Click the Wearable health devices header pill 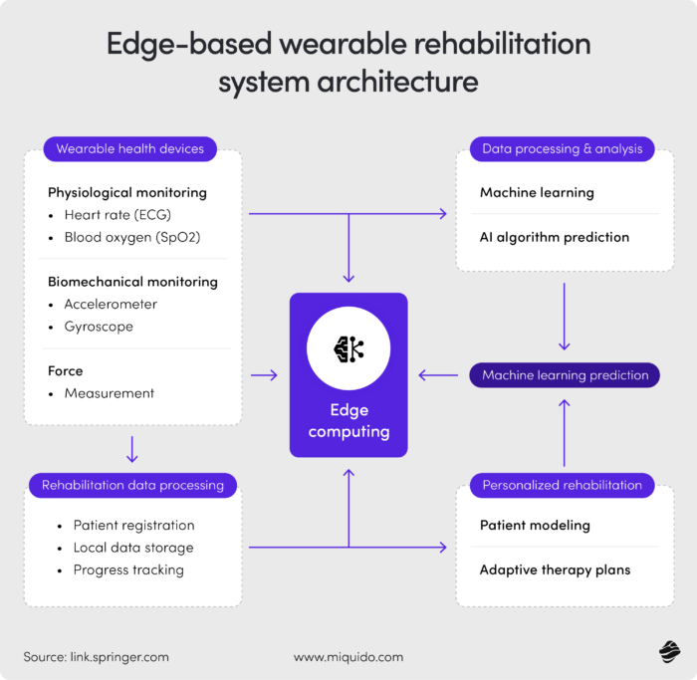(x=129, y=149)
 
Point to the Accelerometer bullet (x=111, y=304)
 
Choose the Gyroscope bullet (x=99, y=327)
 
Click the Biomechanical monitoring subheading (x=132, y=282)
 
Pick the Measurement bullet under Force (x=109, y=393)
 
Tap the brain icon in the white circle (x=348, y=347)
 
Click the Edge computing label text (x=348, y=420)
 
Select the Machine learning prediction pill (x=565, y=375)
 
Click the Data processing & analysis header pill (x=562, y=149)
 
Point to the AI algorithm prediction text (x=555, y=237)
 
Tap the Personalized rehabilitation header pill (x=562, y=486)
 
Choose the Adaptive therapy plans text (x=555, y=570)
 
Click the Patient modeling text (x=535, y=525)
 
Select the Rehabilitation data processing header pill (x=132, y=486)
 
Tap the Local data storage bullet (x=133, y=548)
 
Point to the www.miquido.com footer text (x=348, y=657)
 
